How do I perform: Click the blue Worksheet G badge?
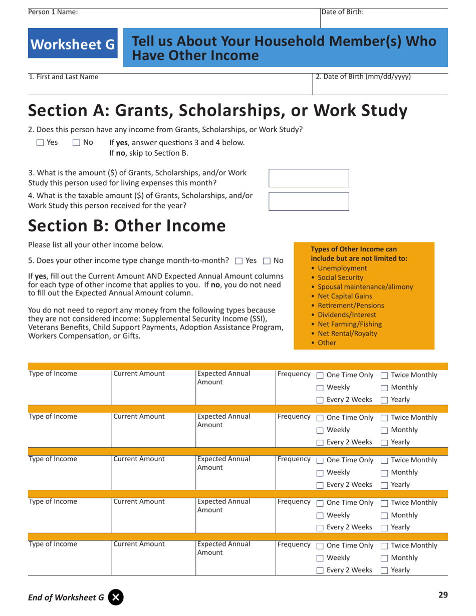(73, 45)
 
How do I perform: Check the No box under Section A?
(76, 143)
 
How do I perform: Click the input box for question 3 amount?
(309, 178)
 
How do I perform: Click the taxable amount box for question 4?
(309, 201)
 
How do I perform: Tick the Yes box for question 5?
(239, 260)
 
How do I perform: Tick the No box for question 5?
(266, 260)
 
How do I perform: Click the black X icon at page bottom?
(116, 597)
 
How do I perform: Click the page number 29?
(442, 595)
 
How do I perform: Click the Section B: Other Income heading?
(127, 226)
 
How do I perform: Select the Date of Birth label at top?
(343, 12)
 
